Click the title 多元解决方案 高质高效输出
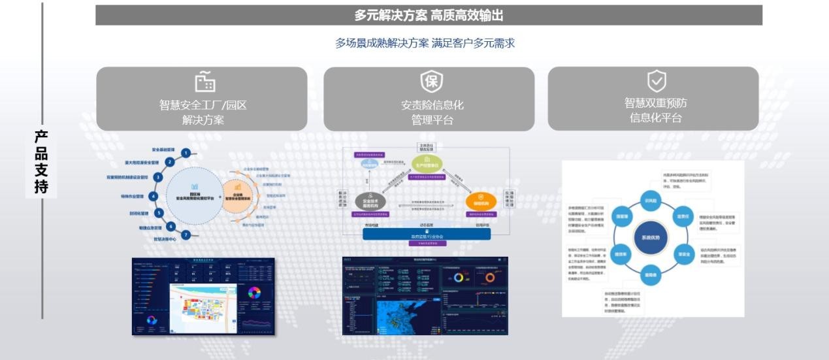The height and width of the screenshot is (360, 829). pos(429,15)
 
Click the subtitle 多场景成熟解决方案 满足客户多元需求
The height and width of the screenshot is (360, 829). pos(425,43)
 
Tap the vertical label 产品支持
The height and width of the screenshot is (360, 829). pos(41,162)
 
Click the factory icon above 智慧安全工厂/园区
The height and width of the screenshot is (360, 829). pos(204,82)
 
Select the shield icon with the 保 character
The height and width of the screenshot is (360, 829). pos(432,82)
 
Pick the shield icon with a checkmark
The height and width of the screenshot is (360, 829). pos(656,82)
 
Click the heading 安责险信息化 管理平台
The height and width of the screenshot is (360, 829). pos(432,112)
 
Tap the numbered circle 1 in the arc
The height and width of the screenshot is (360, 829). pos(186,153)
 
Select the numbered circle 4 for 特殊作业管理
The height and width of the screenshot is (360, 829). pos(154,196)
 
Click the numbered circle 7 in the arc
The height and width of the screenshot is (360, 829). pos(186,235)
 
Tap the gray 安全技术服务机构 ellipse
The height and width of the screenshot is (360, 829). pos(371,201)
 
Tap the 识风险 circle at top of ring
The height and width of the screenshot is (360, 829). pos(651,201)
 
